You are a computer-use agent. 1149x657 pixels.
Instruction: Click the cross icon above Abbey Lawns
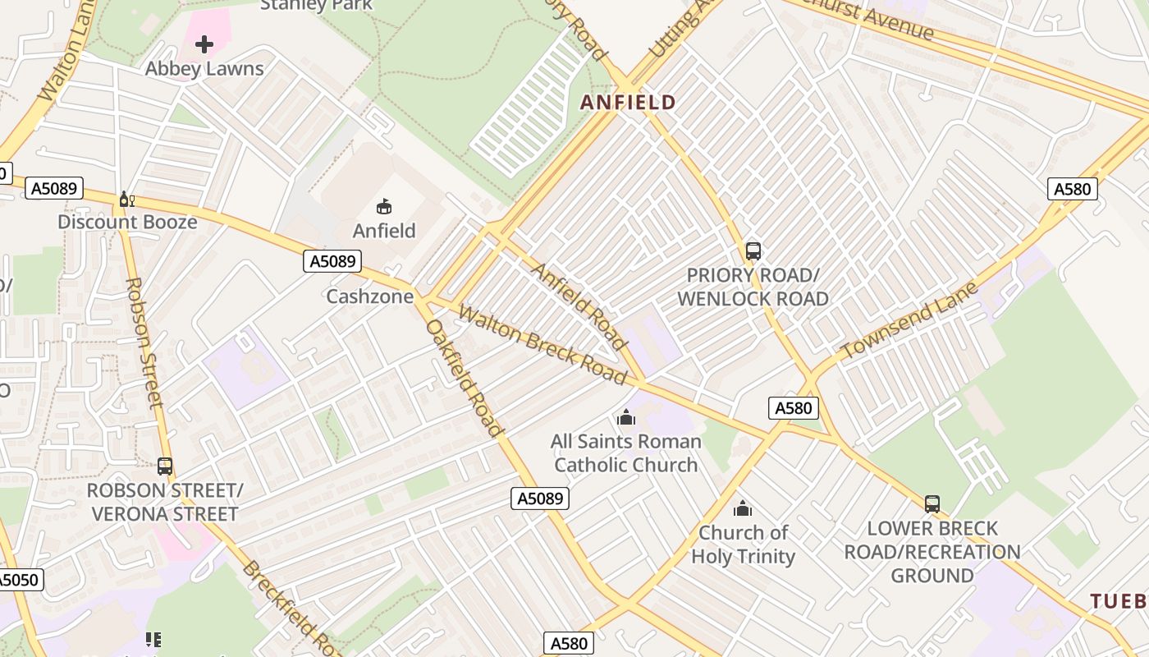coord(204,44)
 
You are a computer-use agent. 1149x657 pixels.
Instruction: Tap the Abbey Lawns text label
coord(204,69)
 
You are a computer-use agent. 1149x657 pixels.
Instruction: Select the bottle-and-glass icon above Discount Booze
coord(126,199)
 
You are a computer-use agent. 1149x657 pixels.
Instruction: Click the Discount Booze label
coord(127,222)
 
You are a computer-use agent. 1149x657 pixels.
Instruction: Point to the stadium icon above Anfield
coord(384,206)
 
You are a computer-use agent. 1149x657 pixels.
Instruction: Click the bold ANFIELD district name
coord(628,103)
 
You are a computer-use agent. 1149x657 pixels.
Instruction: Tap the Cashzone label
coord(370,296)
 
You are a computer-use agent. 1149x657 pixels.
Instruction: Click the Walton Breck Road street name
coord(542,344)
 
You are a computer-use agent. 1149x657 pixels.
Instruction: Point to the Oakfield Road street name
coord(465,378)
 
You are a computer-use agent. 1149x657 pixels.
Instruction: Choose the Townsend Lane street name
coord(910,320)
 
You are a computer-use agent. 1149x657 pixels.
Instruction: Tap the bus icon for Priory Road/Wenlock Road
coord(753,251)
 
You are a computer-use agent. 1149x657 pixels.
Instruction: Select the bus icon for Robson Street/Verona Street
coord(165,466)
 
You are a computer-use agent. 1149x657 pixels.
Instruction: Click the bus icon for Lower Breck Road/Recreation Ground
coord(932,504)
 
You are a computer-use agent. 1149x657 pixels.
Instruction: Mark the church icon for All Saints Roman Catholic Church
coord(626,418)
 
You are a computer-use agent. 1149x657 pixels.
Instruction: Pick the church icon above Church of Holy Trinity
coord(743,509)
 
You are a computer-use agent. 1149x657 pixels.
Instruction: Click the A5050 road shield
coord(18,581)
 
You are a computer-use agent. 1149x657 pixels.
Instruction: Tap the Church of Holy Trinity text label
coord(743,544)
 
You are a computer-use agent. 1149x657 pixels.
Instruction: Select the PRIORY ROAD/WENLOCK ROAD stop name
coord(753,287)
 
